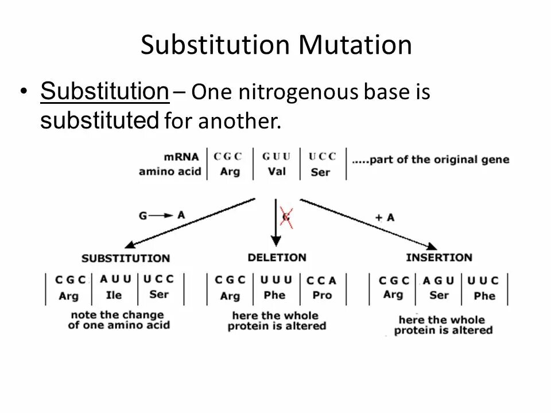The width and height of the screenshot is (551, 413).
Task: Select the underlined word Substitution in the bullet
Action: point(104,91)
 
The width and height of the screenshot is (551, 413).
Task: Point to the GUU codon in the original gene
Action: point(276,156)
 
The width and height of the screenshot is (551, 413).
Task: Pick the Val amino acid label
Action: point(276,172)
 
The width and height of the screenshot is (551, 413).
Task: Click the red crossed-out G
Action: point(286,217)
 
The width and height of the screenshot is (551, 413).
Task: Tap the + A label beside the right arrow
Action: point(385,217)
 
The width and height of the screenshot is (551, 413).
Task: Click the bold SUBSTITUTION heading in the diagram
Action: point(126,258)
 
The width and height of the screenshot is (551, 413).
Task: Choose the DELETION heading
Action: point(277,258)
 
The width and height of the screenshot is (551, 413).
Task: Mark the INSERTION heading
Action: point(439,258)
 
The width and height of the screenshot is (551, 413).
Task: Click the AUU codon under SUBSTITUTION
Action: point(115,279)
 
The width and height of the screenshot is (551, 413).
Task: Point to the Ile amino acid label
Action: point(115,295)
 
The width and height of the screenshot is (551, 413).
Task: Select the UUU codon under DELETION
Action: point(276,280)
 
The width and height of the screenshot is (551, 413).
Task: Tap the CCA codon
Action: point(321,280)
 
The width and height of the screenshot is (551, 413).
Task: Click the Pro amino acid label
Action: point(322,295)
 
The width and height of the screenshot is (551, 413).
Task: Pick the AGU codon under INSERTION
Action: point(439,280)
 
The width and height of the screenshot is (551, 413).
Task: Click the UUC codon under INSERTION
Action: point(483,280)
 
